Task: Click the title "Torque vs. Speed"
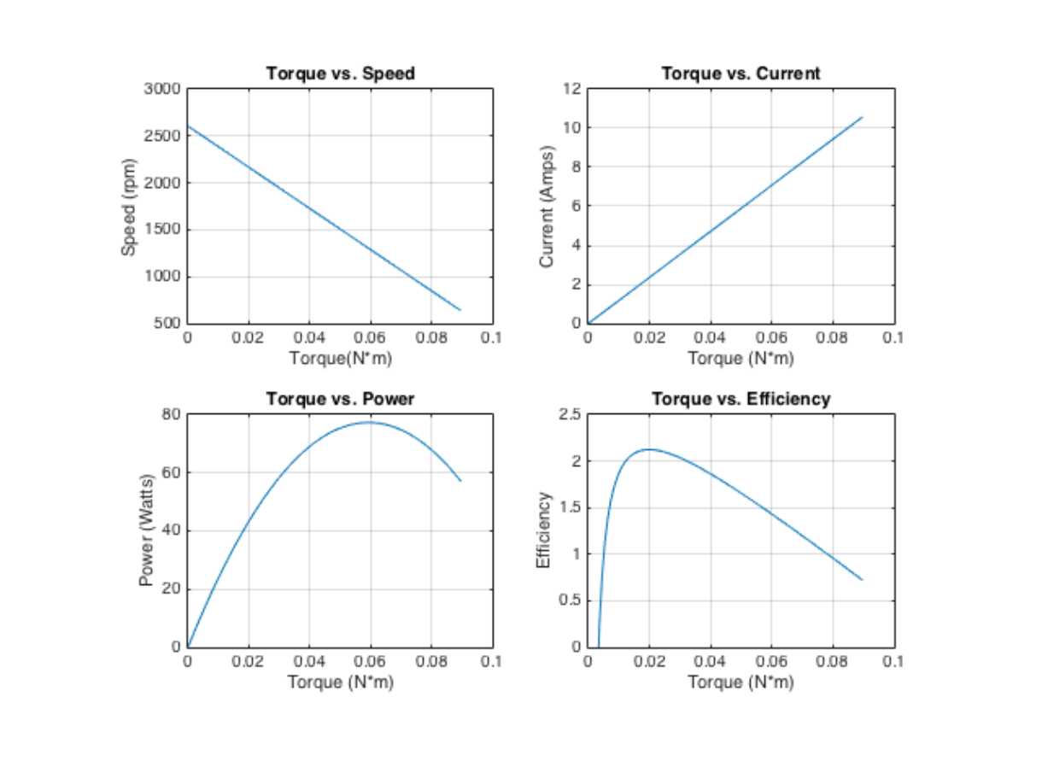coord(340,73)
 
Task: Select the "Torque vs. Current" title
coord(741,73)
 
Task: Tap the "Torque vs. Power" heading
coord(340,399)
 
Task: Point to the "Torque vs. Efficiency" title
coord(741,399)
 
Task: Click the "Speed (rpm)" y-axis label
coord(129,207)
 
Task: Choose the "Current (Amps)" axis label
coord(547,207)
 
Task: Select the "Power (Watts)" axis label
coord(146,530)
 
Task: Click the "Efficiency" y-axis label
coord(542,530)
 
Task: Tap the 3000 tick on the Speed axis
coord(162,89)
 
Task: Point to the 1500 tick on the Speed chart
coord(162,230)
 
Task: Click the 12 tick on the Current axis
coord(572,89)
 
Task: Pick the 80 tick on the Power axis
coord(171,414)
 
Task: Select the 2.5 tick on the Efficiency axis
coord(569,414)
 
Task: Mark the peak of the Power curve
coord(370,422)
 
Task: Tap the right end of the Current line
coord(863,117)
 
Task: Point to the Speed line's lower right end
coord(461,310)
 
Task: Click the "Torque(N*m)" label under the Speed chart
coord(340,358)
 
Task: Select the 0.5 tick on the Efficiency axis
coord(569,600)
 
